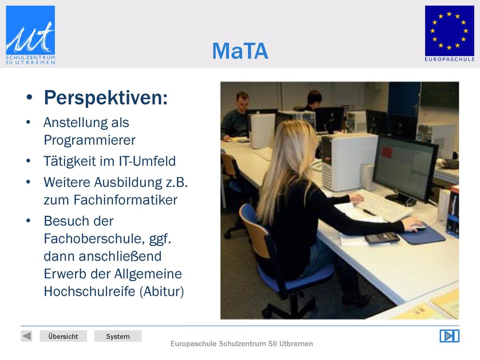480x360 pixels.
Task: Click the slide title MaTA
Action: (x=240, y=51)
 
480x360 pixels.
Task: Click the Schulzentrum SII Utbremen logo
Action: (x=30, y=35)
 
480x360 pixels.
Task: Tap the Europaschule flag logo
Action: (x=450, y=34)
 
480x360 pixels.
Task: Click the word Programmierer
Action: (x=90, y=140)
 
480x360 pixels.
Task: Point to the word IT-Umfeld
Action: (x=147, y=161)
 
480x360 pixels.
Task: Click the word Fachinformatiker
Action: (x=126, y=200)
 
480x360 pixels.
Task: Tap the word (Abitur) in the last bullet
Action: (x=162, y=292)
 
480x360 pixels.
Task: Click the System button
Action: (x=118, y=336)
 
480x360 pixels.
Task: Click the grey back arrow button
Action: (x=27, y=336)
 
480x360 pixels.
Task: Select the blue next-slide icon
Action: (x=450, y=336)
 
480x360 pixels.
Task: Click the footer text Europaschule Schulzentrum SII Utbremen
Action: (x=241, y=344)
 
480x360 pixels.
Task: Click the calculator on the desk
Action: (x=382, y=238)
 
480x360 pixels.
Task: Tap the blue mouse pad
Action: (x=422, y=235)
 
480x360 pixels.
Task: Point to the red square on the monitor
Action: (x=387, y=152)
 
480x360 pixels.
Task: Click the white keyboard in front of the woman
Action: (x=382, y=205)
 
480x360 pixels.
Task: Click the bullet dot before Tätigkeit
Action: (x=29, y=161)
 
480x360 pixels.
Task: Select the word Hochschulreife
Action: (x=90, y=292)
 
